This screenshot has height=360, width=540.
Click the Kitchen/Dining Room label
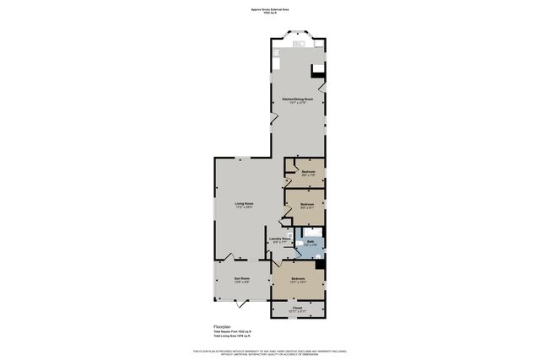point(297,100)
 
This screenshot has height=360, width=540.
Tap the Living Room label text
point(244,205)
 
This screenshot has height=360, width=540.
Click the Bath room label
point(310,244)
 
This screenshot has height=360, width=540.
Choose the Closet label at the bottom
point(297,309)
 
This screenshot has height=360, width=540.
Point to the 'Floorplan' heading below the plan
point(223,325)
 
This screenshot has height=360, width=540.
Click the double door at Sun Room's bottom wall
point(240,303)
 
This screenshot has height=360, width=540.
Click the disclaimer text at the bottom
point(269,352)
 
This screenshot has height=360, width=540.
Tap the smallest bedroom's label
point(308,173)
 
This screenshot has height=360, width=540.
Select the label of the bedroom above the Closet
point(298,280)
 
